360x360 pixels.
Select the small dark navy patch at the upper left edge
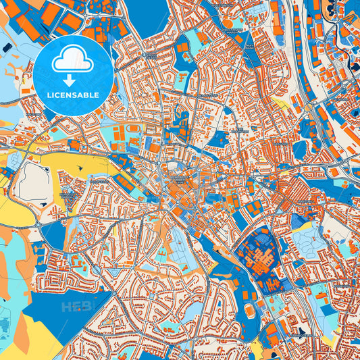click(x=7, y=47)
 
